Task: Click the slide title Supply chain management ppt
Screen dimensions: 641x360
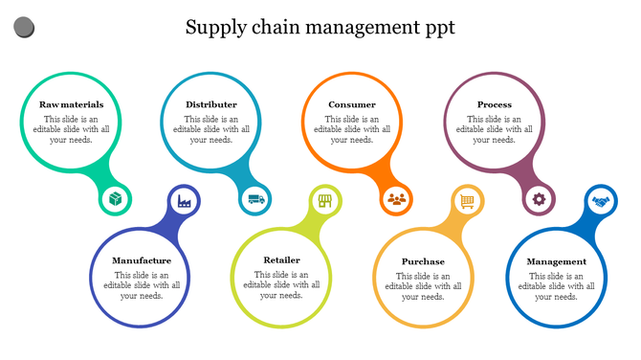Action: pos(320,27)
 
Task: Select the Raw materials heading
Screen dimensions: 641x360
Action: pos(71,104)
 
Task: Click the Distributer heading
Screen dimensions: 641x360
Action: pos(211,104)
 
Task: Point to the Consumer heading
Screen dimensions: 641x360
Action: pos(352,104)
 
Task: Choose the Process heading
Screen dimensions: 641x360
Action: pos(495,104)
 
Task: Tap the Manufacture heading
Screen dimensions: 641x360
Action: pos(142,260)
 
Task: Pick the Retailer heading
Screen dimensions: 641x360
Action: pos(281,259)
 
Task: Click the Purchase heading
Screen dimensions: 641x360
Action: pos(423,261)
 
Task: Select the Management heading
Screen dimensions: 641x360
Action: pos(556,261)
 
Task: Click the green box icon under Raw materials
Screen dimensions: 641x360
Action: pos(116,200)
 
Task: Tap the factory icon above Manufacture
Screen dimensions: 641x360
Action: pos(184,201)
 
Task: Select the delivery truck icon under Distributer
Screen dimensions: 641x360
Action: pos(256,200)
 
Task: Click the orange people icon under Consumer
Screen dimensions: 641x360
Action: pos(397,200)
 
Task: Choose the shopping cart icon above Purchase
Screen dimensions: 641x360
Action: pos(467,201)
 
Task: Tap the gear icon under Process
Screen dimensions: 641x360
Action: pos(539,200)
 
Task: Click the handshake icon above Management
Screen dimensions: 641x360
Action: pos(601,201)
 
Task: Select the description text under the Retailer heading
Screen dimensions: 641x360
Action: pos(281,284)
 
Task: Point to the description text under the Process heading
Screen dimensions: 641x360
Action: pos(495,129)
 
